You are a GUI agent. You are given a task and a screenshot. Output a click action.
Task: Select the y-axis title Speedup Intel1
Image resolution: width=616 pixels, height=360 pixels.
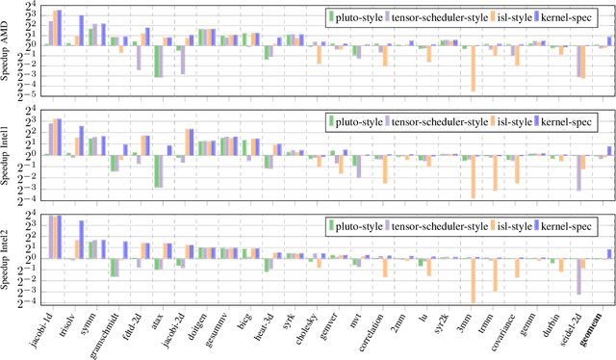coord(8,154)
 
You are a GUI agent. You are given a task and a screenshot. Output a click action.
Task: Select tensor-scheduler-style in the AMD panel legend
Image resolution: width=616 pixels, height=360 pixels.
coord(437,16)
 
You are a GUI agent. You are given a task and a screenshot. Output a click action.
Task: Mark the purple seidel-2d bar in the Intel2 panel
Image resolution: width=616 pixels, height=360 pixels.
coord(578,274)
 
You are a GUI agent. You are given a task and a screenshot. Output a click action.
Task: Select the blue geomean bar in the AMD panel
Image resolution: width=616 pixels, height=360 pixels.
coord(609,40)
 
